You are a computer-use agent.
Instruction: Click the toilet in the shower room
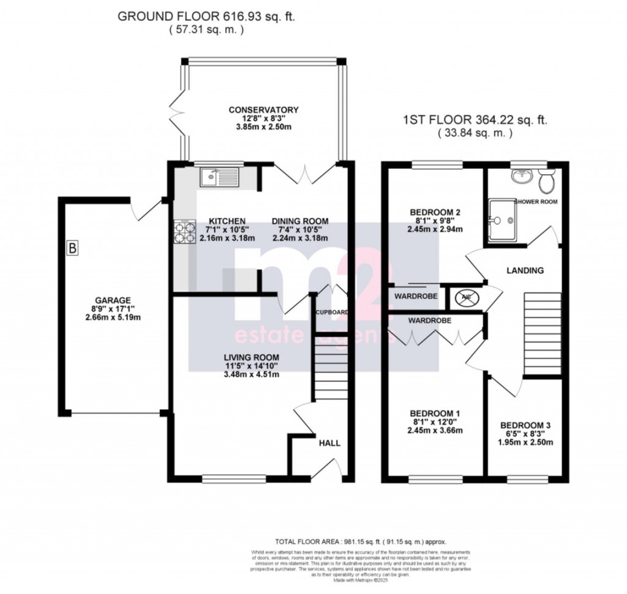(546, 180)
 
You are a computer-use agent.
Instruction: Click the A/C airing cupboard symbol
(465, 298)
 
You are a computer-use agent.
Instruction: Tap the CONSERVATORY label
(263, 110)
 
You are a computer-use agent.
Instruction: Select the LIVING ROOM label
(251, 358)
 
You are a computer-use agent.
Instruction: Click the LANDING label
(525, 270)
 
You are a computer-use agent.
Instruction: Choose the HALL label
(328, 443)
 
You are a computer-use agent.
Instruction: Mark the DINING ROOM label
(300, 221)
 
